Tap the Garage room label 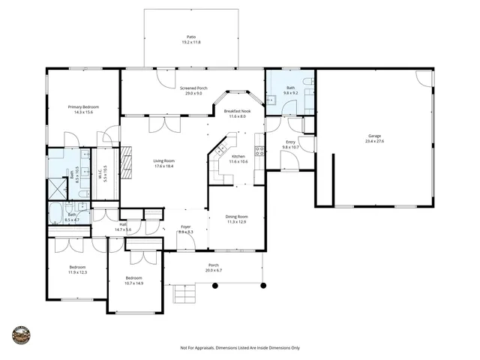point(373,136)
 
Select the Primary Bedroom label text point(83,107)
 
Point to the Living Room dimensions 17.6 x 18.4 point(163,166)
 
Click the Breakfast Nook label point(238,112)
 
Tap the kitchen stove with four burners point(260,151)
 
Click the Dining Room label point(237,217)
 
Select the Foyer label point(186,227)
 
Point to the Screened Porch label point(193,88)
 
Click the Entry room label point(289,142)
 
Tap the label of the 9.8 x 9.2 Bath point(290,88)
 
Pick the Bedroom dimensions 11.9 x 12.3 point(78,271)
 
